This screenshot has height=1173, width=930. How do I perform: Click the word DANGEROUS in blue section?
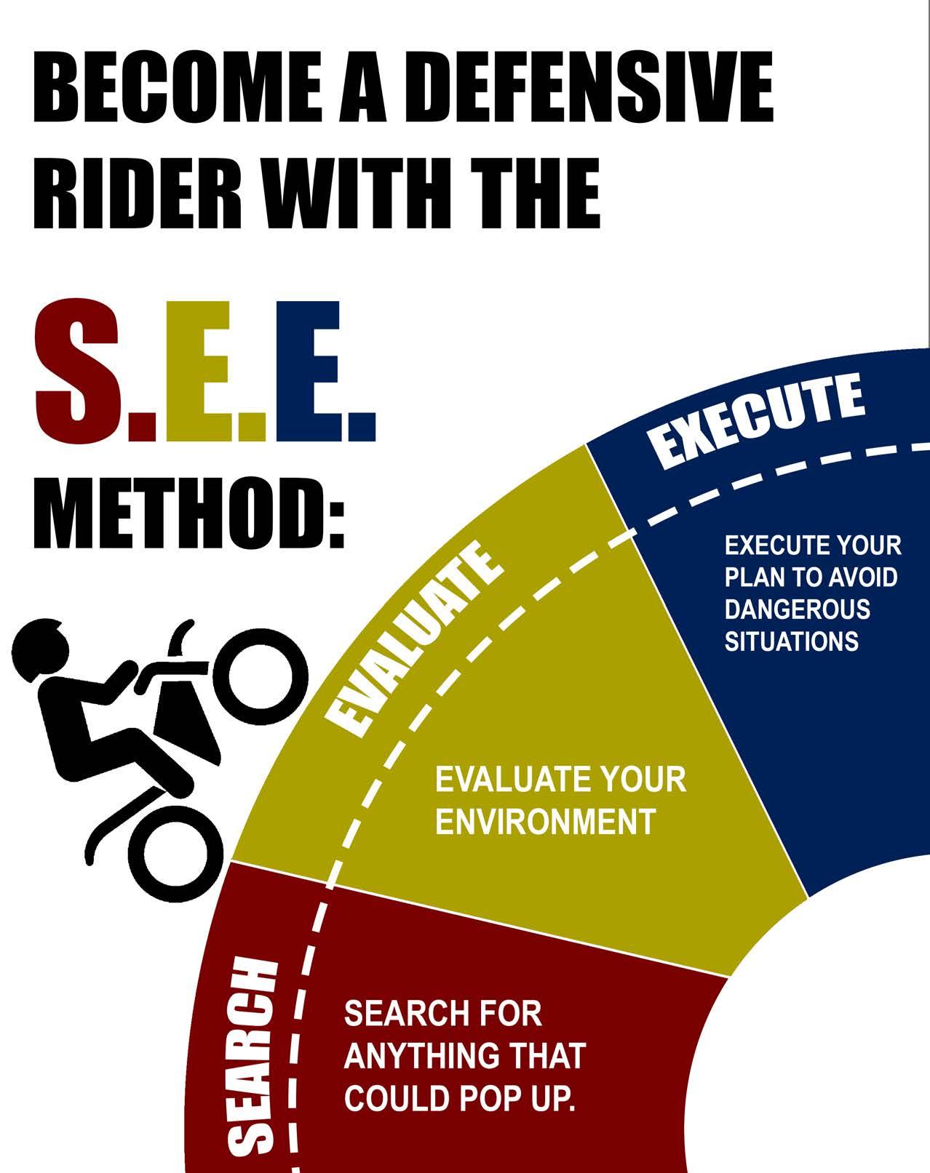point(797,609)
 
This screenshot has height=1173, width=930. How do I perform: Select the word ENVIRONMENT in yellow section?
point(545,822)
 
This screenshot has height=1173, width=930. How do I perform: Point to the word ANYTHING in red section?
point(408,1056)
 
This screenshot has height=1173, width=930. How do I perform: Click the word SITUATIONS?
point(791,641)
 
